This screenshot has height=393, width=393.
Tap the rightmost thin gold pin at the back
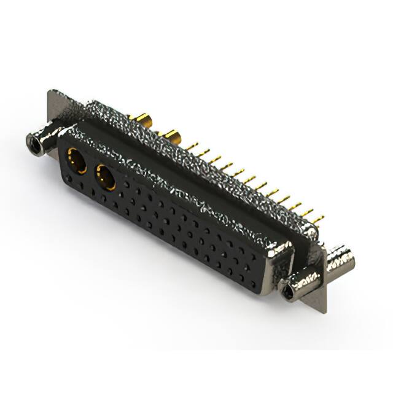(317, 219)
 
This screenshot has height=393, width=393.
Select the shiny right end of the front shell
(280, 259)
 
